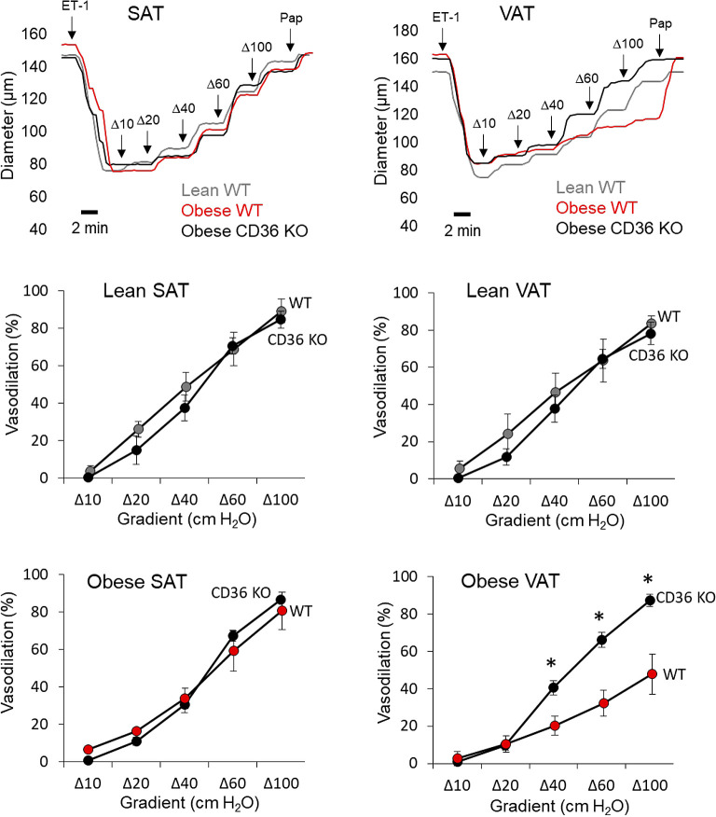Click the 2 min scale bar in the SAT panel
click(x=89, y=212)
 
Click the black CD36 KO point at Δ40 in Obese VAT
click(x=553, y=687)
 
